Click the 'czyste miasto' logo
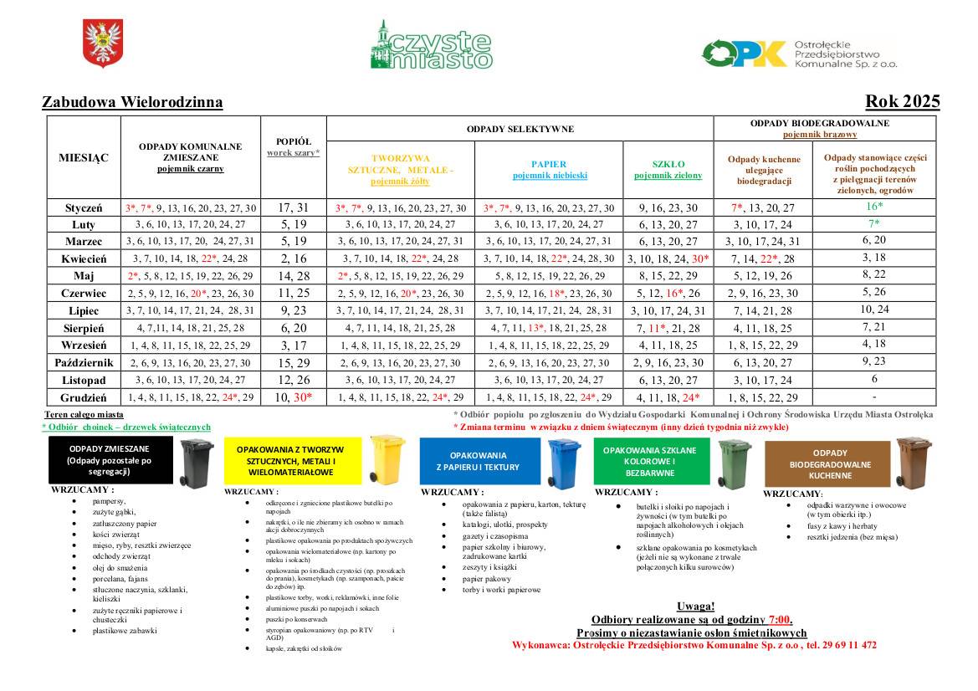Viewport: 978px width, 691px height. pyautogui.click(x=431, y=46)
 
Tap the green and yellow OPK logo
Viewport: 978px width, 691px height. pyautogui.click(x=745, y=54)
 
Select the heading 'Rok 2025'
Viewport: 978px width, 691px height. pyautogui.click(x=903, y=102)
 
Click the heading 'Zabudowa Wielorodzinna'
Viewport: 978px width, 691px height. pyautogui.click(x=132, y=103)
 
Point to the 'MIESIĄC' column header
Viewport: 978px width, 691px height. pyautogui.click(x=83, y=157)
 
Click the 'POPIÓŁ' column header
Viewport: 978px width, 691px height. pyautogui.click(x=293, y=142)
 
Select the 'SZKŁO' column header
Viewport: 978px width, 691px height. pyautogui.click(x=668, y=164)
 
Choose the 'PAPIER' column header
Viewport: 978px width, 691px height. pyautogui.click(x=549, y=164)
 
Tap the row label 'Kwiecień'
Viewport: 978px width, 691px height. pyautogui.click(x=84, y=258)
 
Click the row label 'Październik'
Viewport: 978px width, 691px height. pyautogui.click(x=84, y=362)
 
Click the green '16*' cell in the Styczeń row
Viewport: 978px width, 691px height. pyautogui.click(x=874, y=207)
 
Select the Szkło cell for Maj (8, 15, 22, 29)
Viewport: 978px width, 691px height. pyautogui.click(x=668, y=276)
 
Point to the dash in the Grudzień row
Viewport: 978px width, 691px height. pyautogui.click(x=874, y=397)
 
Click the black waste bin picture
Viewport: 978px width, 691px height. pyautogui.click(x=197, y=463)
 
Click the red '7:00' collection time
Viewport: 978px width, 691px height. pyautogui.click(x=780, y=620)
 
